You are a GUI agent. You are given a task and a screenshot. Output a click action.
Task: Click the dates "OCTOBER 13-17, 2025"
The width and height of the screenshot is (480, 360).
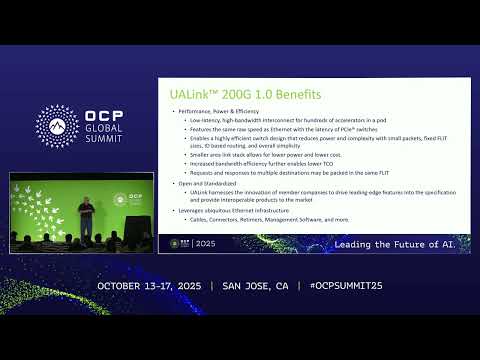[x=150, y=286]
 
